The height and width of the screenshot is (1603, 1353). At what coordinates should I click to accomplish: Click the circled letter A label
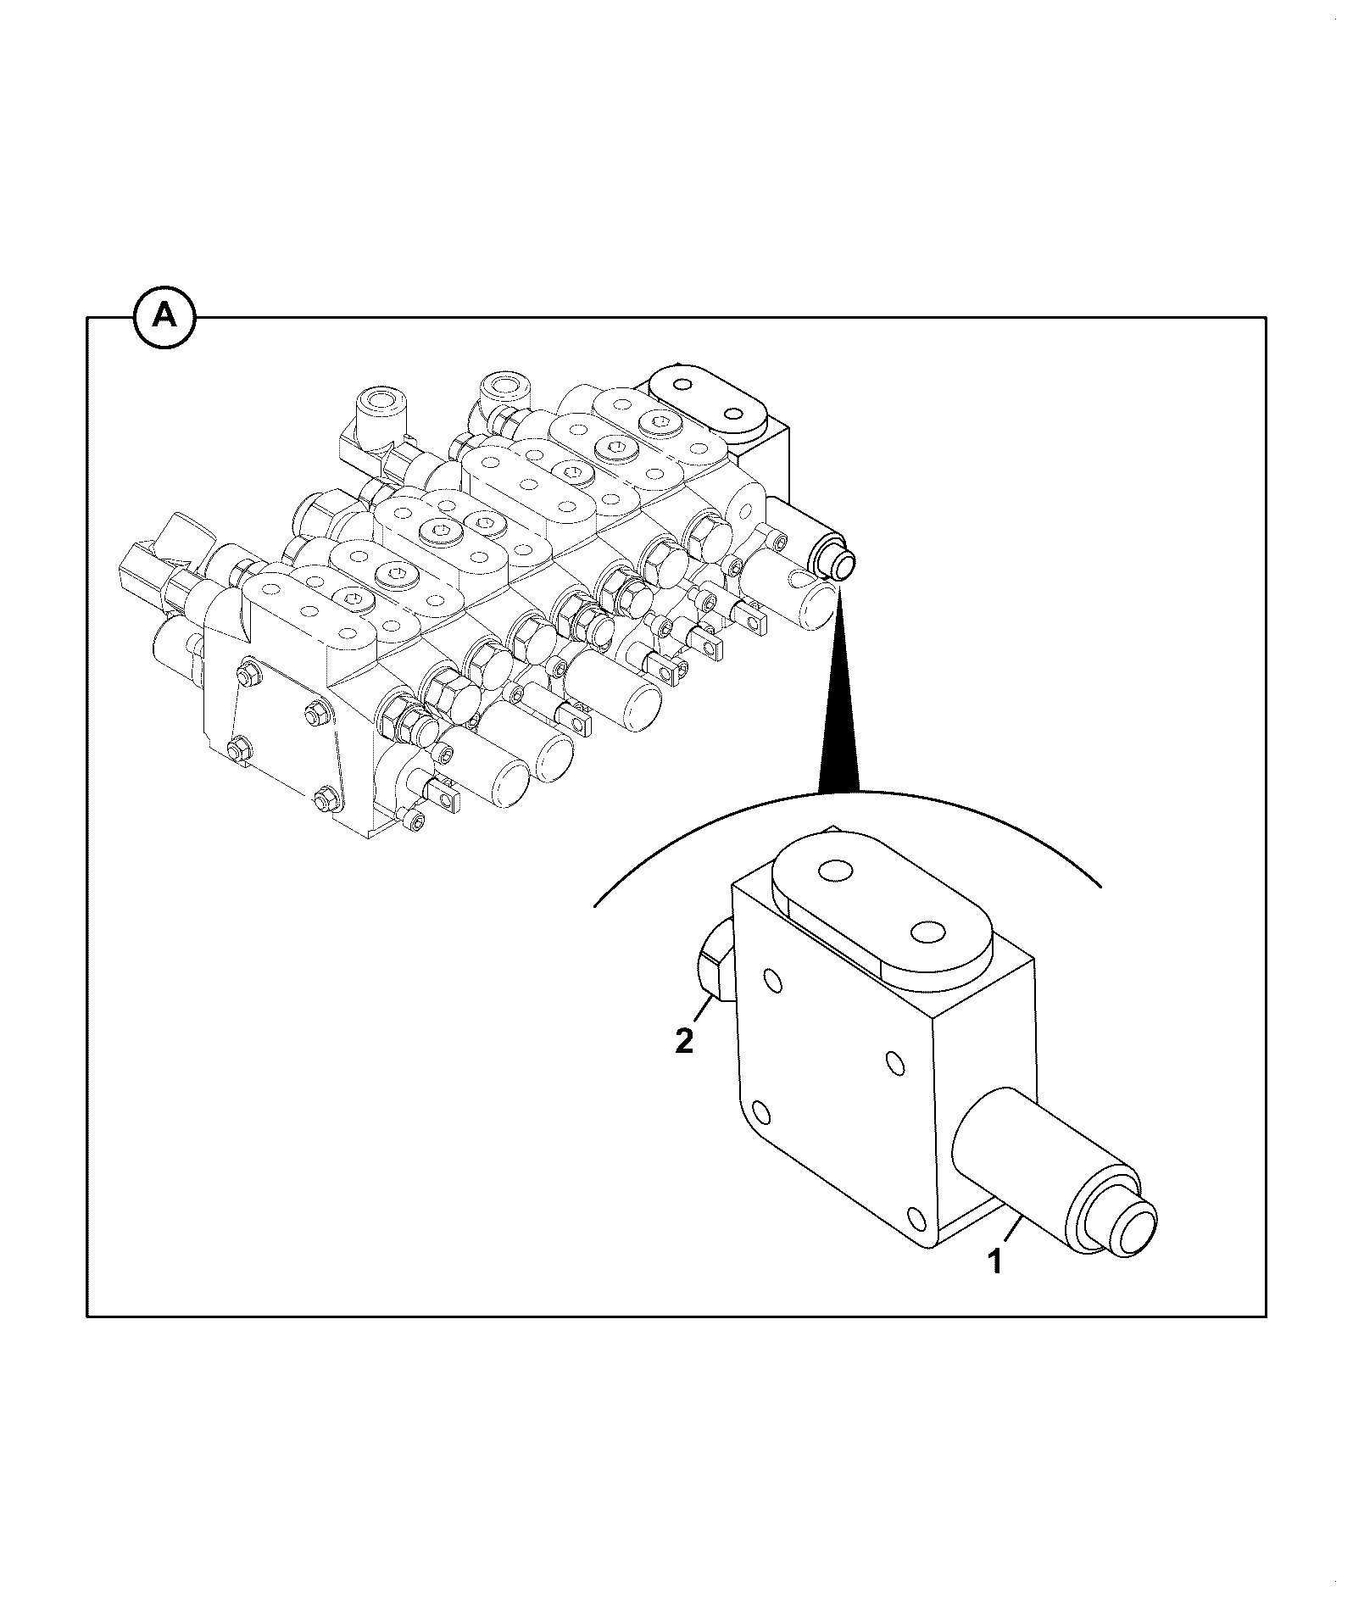pos(164,318)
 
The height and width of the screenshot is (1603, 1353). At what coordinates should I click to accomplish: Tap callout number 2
pos(684,1040)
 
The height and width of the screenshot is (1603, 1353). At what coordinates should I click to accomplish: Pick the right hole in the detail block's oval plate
pos(927,932)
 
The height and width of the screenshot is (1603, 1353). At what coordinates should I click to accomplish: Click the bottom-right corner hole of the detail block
pos(917,1220)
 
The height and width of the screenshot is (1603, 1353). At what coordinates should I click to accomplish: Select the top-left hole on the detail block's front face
pos(773,981)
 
